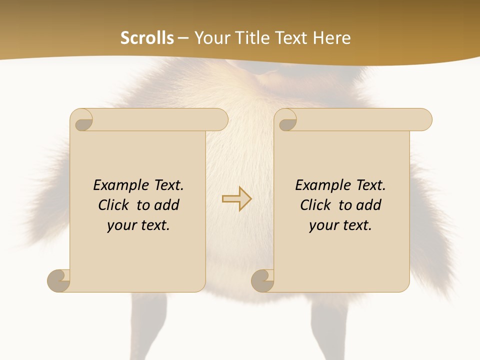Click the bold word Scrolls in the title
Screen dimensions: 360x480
click(x=147, y=37)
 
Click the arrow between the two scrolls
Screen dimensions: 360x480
click(x=236, y=199)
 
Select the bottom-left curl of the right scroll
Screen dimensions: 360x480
click(x=263, y=280)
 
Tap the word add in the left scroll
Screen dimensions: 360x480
click(x=166, y=205)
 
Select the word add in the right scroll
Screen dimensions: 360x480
click(x=368, y=205)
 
